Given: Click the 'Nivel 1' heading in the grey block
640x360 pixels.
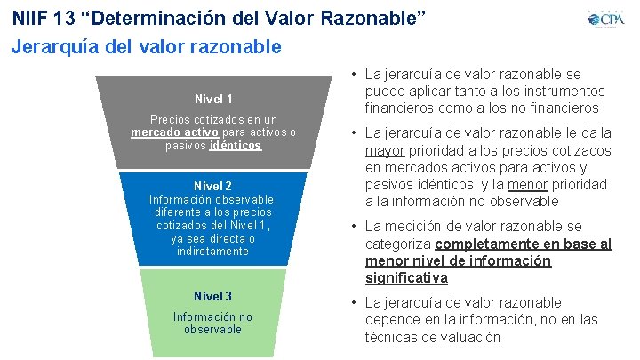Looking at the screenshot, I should click(213, 99).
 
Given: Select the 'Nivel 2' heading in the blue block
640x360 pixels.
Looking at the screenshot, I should click(213, 186).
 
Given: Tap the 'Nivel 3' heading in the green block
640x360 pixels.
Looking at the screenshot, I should click(213, 295).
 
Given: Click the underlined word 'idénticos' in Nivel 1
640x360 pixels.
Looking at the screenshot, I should click(236, 145).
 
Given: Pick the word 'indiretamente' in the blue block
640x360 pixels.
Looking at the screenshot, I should click(213, 252).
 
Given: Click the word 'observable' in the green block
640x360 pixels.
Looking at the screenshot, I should click(213, 329).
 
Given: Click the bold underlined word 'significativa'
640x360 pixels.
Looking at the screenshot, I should click(406, 278).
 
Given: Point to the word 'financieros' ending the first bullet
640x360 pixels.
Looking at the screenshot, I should click(562, 108).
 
